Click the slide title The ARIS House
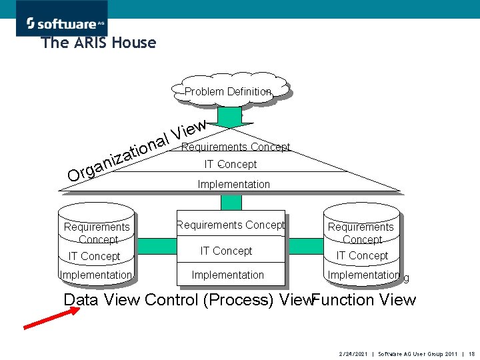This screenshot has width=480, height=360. tap(99, 43)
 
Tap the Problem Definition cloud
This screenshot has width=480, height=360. tap(228, 91)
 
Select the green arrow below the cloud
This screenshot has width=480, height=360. tap(231, 117)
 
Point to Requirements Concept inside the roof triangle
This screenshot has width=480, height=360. tap(235, 147)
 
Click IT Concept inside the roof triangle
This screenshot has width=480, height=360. tap(230, 164)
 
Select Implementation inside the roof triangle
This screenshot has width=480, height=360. tap(234, 184)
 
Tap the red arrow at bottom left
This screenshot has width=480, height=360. tap(51, 317)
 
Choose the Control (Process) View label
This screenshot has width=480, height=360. tap(228, 300)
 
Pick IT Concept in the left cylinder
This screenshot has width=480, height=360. tap(95, 256)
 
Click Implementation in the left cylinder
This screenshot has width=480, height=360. tap(96, 275)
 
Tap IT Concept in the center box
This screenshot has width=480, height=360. tap(227, 251)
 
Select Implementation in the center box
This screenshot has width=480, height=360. tap(227, 275)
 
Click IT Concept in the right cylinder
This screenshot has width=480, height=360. tap(362, 255)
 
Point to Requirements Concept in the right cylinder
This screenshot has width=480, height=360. tap(362, 233)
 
